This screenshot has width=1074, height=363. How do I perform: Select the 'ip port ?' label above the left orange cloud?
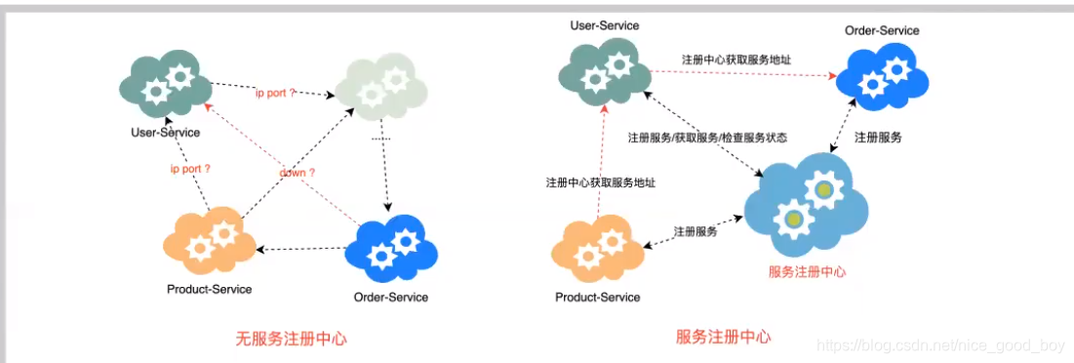coord(190,169)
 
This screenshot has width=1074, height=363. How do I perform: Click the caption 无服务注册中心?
coord(291,339)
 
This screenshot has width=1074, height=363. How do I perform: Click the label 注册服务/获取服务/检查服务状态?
coord(707,138)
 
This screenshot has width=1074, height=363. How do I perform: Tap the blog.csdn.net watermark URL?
coord(941,345)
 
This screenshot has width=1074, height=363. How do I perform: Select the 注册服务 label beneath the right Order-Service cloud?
coord(878,138)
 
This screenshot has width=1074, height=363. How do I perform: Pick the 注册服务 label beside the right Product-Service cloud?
coord(695,231)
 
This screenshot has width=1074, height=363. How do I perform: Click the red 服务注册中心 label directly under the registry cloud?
coord(807,272)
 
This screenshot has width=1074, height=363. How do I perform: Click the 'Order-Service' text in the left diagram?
coord(390,297)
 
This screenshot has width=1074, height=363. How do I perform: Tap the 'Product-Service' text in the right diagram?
coord(597,297)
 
